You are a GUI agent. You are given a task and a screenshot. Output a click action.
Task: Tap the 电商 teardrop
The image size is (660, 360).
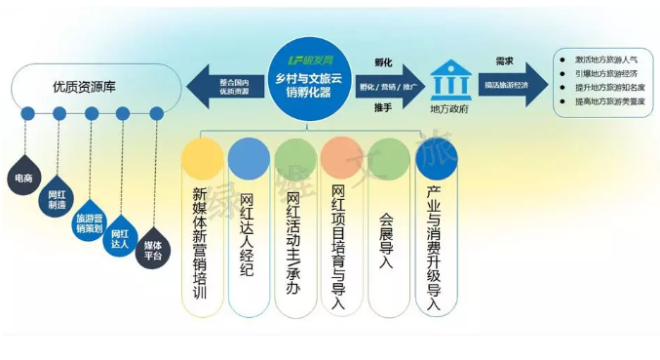(23, 179)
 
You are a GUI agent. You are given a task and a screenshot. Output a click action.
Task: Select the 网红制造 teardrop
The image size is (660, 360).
(58, 200)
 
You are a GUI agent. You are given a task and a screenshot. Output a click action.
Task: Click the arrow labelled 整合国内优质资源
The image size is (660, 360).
(228, 85)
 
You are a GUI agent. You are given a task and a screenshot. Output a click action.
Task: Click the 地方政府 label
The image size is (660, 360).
(448, 110)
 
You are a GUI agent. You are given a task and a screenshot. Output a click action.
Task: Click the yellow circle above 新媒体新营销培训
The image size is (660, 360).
(203, 158)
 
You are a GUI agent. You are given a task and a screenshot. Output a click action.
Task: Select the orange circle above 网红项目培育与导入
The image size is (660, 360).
(341, 158)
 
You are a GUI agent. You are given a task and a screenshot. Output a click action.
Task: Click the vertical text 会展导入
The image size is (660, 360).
(387, 230)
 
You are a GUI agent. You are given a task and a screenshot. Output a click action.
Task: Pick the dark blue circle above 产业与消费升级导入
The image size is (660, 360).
(434, 158)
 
